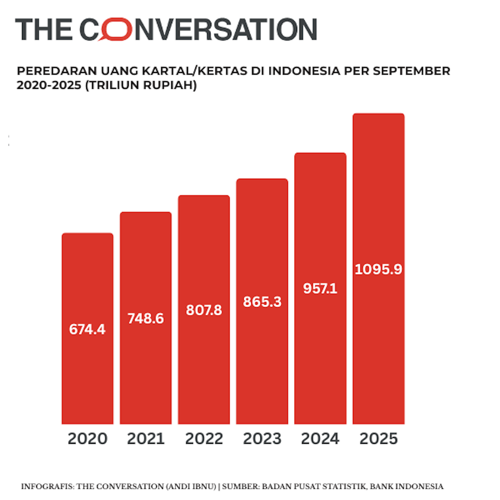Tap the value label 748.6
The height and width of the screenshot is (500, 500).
pos(146,318)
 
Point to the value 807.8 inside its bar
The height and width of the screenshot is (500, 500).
pos(204,310)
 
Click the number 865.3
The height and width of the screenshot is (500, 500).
pos(262,302)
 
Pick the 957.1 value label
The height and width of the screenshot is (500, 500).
pos(320,289)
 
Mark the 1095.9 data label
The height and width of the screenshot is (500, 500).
pos(378,269)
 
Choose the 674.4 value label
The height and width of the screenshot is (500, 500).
pos(87,329)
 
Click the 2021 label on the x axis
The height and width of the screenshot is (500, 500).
pos(146,439)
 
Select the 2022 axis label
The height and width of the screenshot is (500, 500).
pos(204,439)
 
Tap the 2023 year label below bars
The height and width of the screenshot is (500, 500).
pos(262,439)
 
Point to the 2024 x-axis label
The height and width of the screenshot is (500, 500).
pos(320,439)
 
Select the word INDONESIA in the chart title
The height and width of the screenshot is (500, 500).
pos(304,71)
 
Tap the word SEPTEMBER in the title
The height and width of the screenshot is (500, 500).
pos(411,71)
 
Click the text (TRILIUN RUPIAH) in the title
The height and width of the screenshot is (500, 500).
pos(141,85)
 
